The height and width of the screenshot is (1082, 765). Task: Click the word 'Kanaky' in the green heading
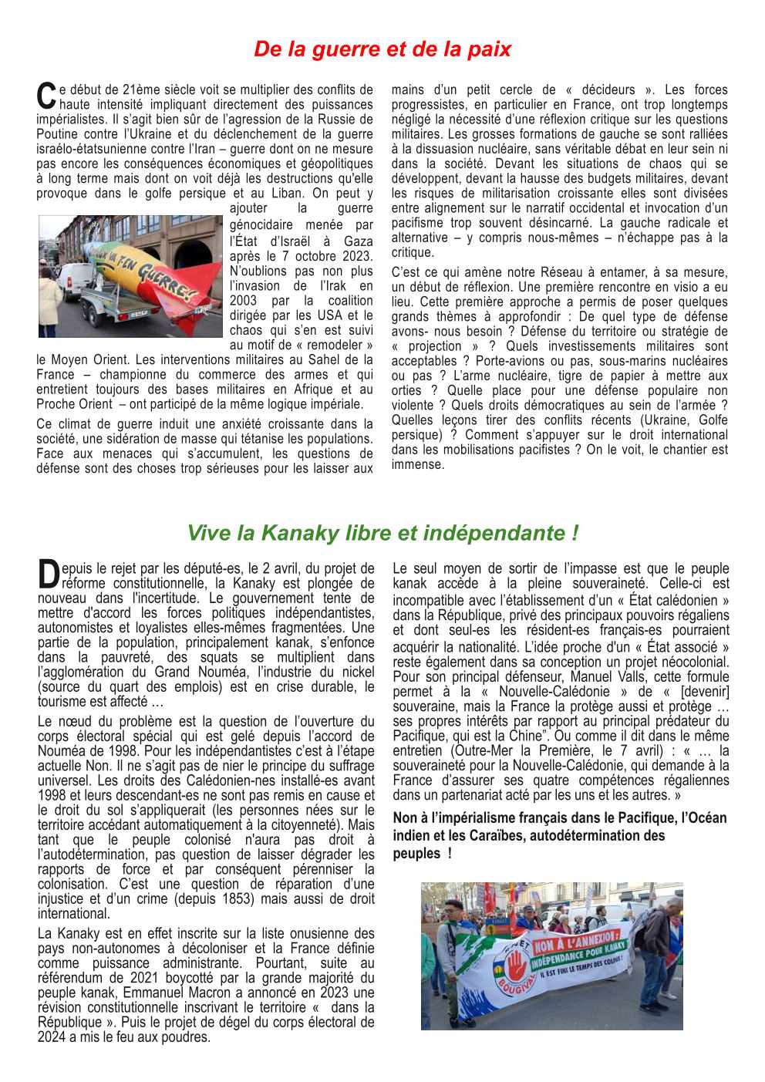pos(300,533)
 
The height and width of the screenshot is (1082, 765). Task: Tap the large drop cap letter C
pos(46,96)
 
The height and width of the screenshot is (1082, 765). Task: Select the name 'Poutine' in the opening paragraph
pos(57,134)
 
